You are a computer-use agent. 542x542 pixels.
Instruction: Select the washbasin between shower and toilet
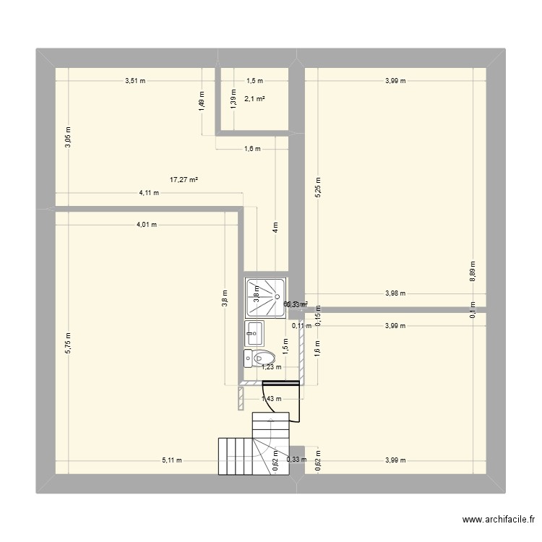[x=254, y=332]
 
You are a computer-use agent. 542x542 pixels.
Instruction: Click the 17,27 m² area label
[x=184, y=180]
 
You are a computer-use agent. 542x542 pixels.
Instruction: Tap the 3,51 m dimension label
[x=135, y=81]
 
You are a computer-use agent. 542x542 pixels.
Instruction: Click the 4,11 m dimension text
[x=150, y=193]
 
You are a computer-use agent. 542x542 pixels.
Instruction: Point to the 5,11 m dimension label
[x=172, y=460]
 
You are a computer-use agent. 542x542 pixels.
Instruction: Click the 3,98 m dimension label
[x=395, y=293]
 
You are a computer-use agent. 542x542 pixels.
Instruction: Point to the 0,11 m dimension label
[x=301, y=325]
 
